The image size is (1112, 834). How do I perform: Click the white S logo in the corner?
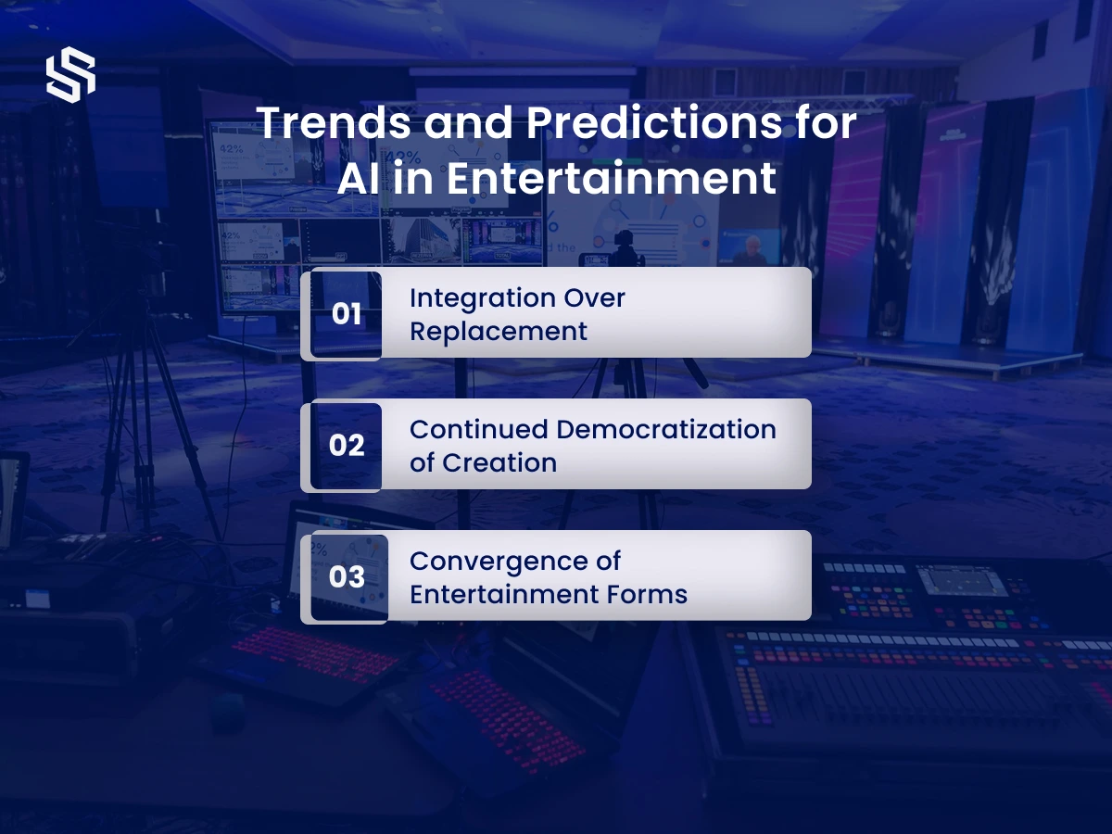pos(71,75)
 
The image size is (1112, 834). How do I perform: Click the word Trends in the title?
pos(334,122)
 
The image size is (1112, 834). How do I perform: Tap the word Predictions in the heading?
pos(654,122)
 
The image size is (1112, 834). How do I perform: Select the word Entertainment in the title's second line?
pos(611,178)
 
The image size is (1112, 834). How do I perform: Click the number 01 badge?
pos(346,314)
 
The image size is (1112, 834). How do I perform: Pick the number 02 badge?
pos(346,446)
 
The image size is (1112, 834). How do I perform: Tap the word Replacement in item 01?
pos(499,332)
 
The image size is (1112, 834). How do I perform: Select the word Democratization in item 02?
pos(666,430)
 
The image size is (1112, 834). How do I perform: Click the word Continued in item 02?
pos(479,430)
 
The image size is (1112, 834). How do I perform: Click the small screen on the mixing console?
pos(959,581)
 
